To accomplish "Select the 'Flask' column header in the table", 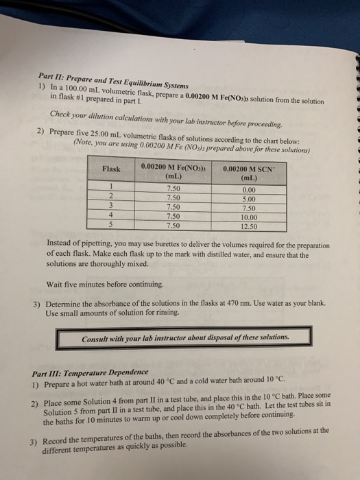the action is coord(111,169).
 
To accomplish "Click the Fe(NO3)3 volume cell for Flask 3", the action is coord(173,204).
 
